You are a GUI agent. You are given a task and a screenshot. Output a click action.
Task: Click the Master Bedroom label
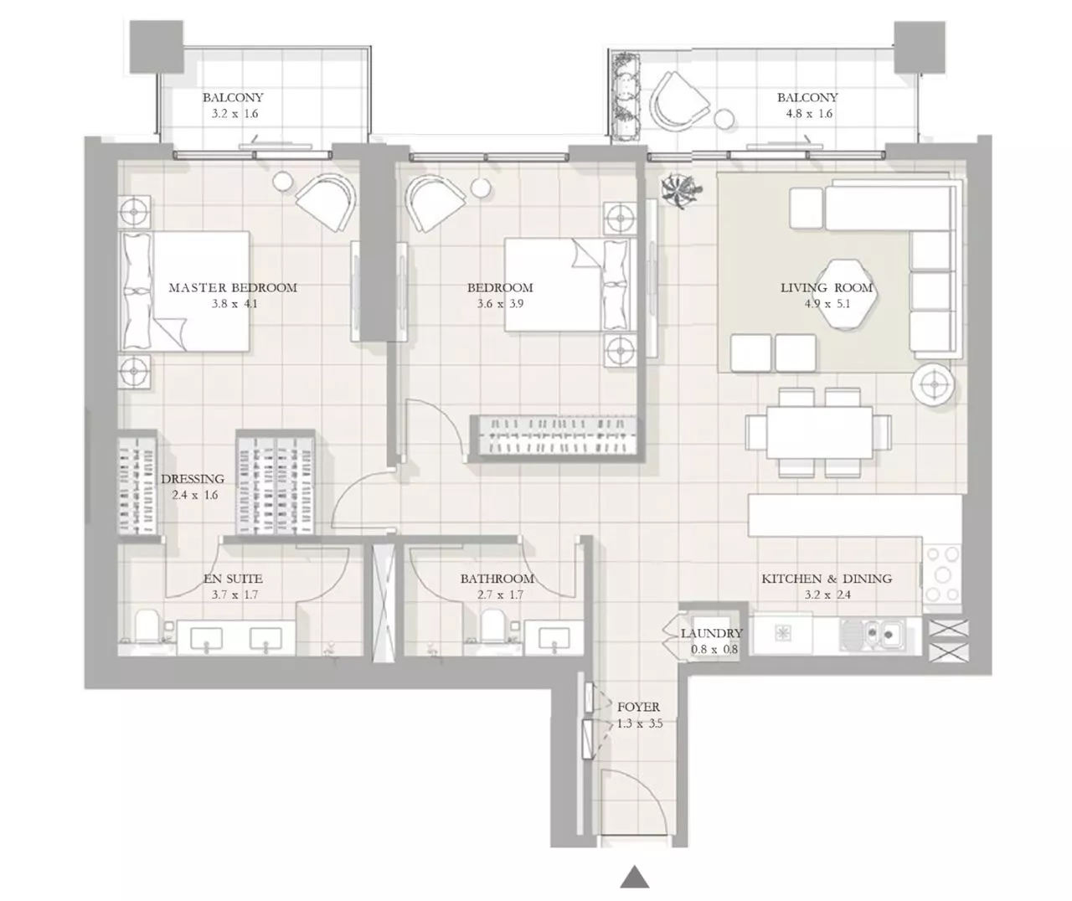click(x=233, y=287)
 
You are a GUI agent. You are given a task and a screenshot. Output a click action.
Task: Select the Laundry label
click(x=711, y=634)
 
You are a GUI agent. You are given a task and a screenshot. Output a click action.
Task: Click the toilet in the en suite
click(x=146, y=626)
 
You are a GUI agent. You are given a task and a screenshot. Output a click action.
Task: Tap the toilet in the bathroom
click(x=493, y=626)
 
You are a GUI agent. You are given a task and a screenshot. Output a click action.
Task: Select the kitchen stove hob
click(x=942, y=574)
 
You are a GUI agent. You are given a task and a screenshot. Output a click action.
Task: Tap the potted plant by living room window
click(x=677, y=190)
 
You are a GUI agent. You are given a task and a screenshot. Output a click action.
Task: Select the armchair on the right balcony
click(x=678, y=101)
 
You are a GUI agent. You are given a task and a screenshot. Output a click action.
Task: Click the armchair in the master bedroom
click(x=326, y=201)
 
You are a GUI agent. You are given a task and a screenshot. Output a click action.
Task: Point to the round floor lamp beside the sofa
click(x=932, y=385)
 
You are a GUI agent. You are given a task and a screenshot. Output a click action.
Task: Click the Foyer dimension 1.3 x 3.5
click(x=639, y=723)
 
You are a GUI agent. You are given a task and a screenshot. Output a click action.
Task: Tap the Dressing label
click(x=193, y=479)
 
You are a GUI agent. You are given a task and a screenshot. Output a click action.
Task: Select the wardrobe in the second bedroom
click(x=555, y=436)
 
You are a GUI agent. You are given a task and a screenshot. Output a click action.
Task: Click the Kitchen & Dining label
click(x=826, y=579)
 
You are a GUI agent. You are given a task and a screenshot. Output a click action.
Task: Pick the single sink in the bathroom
click(x=553, y=639)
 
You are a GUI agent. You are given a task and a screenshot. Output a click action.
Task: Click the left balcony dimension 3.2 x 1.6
click(x=232, y=114)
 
